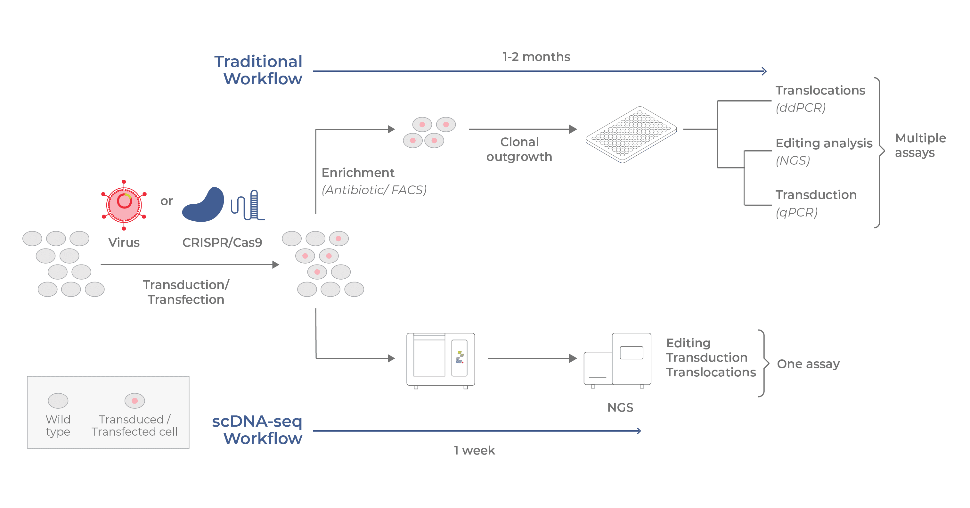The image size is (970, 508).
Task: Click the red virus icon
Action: pyautogui.click(x=124, y=204)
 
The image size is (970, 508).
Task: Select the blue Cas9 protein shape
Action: pyautogui.click(x=204, y=206)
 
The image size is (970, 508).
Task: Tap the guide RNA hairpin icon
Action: pyautogui.click(x=248, y=205)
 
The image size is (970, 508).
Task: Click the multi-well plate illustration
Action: pyautogui.click(x=631, y=135)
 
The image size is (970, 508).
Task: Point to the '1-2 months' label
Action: pyautogui.click(x=536, y=57)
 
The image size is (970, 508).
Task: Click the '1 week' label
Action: pyautogui.click(x=474, y=450)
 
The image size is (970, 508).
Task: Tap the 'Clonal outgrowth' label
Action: pyautogui.click(x=519, y=149)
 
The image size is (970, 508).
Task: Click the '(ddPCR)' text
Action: pyautogui.click(x=801, y=108)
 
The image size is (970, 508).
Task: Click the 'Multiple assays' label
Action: pyautogui.click(x=920, y=145)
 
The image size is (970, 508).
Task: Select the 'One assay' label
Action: pyautogui.click(x=808, y=364)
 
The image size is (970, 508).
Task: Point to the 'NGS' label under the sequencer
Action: pyautogui.click(x=620, y=407)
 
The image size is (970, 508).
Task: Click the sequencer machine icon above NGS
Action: pyautogui.click(x=617, y=360)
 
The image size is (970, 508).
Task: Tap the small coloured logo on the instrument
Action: pyautogui.click(x=460, y=357)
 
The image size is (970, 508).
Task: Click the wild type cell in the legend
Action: pyautogui.click(x=58, y=401)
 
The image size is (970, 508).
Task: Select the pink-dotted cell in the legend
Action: pyautogui.click(x=134, y=401)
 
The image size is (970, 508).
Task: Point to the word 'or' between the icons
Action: pyautogui.click(x=167, y=201)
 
